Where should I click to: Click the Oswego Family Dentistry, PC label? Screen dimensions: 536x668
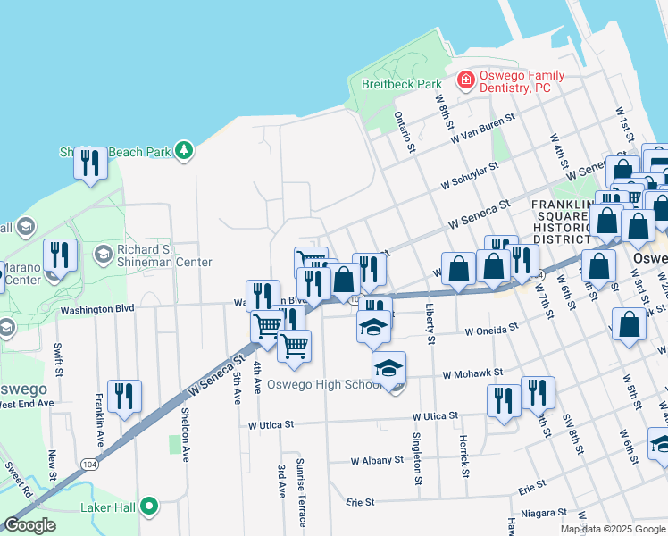coord(514,81)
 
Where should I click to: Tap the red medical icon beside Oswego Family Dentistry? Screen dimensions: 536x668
coord(465,81)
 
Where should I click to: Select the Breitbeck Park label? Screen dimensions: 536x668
coord(402,84)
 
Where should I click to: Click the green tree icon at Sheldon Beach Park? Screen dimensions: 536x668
coord(184,150)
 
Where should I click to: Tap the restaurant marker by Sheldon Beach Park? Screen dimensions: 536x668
coord(89,164)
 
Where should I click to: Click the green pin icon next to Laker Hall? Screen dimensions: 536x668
coord(150,508)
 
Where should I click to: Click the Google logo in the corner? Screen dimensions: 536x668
coord(29,525)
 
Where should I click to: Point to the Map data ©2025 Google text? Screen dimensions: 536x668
coord(613,529)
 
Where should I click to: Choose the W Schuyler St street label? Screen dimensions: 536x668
coord(468,176)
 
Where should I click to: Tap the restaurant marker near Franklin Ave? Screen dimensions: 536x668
coord(124,398)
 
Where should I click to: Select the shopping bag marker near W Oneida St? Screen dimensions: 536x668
coord(630,326)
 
